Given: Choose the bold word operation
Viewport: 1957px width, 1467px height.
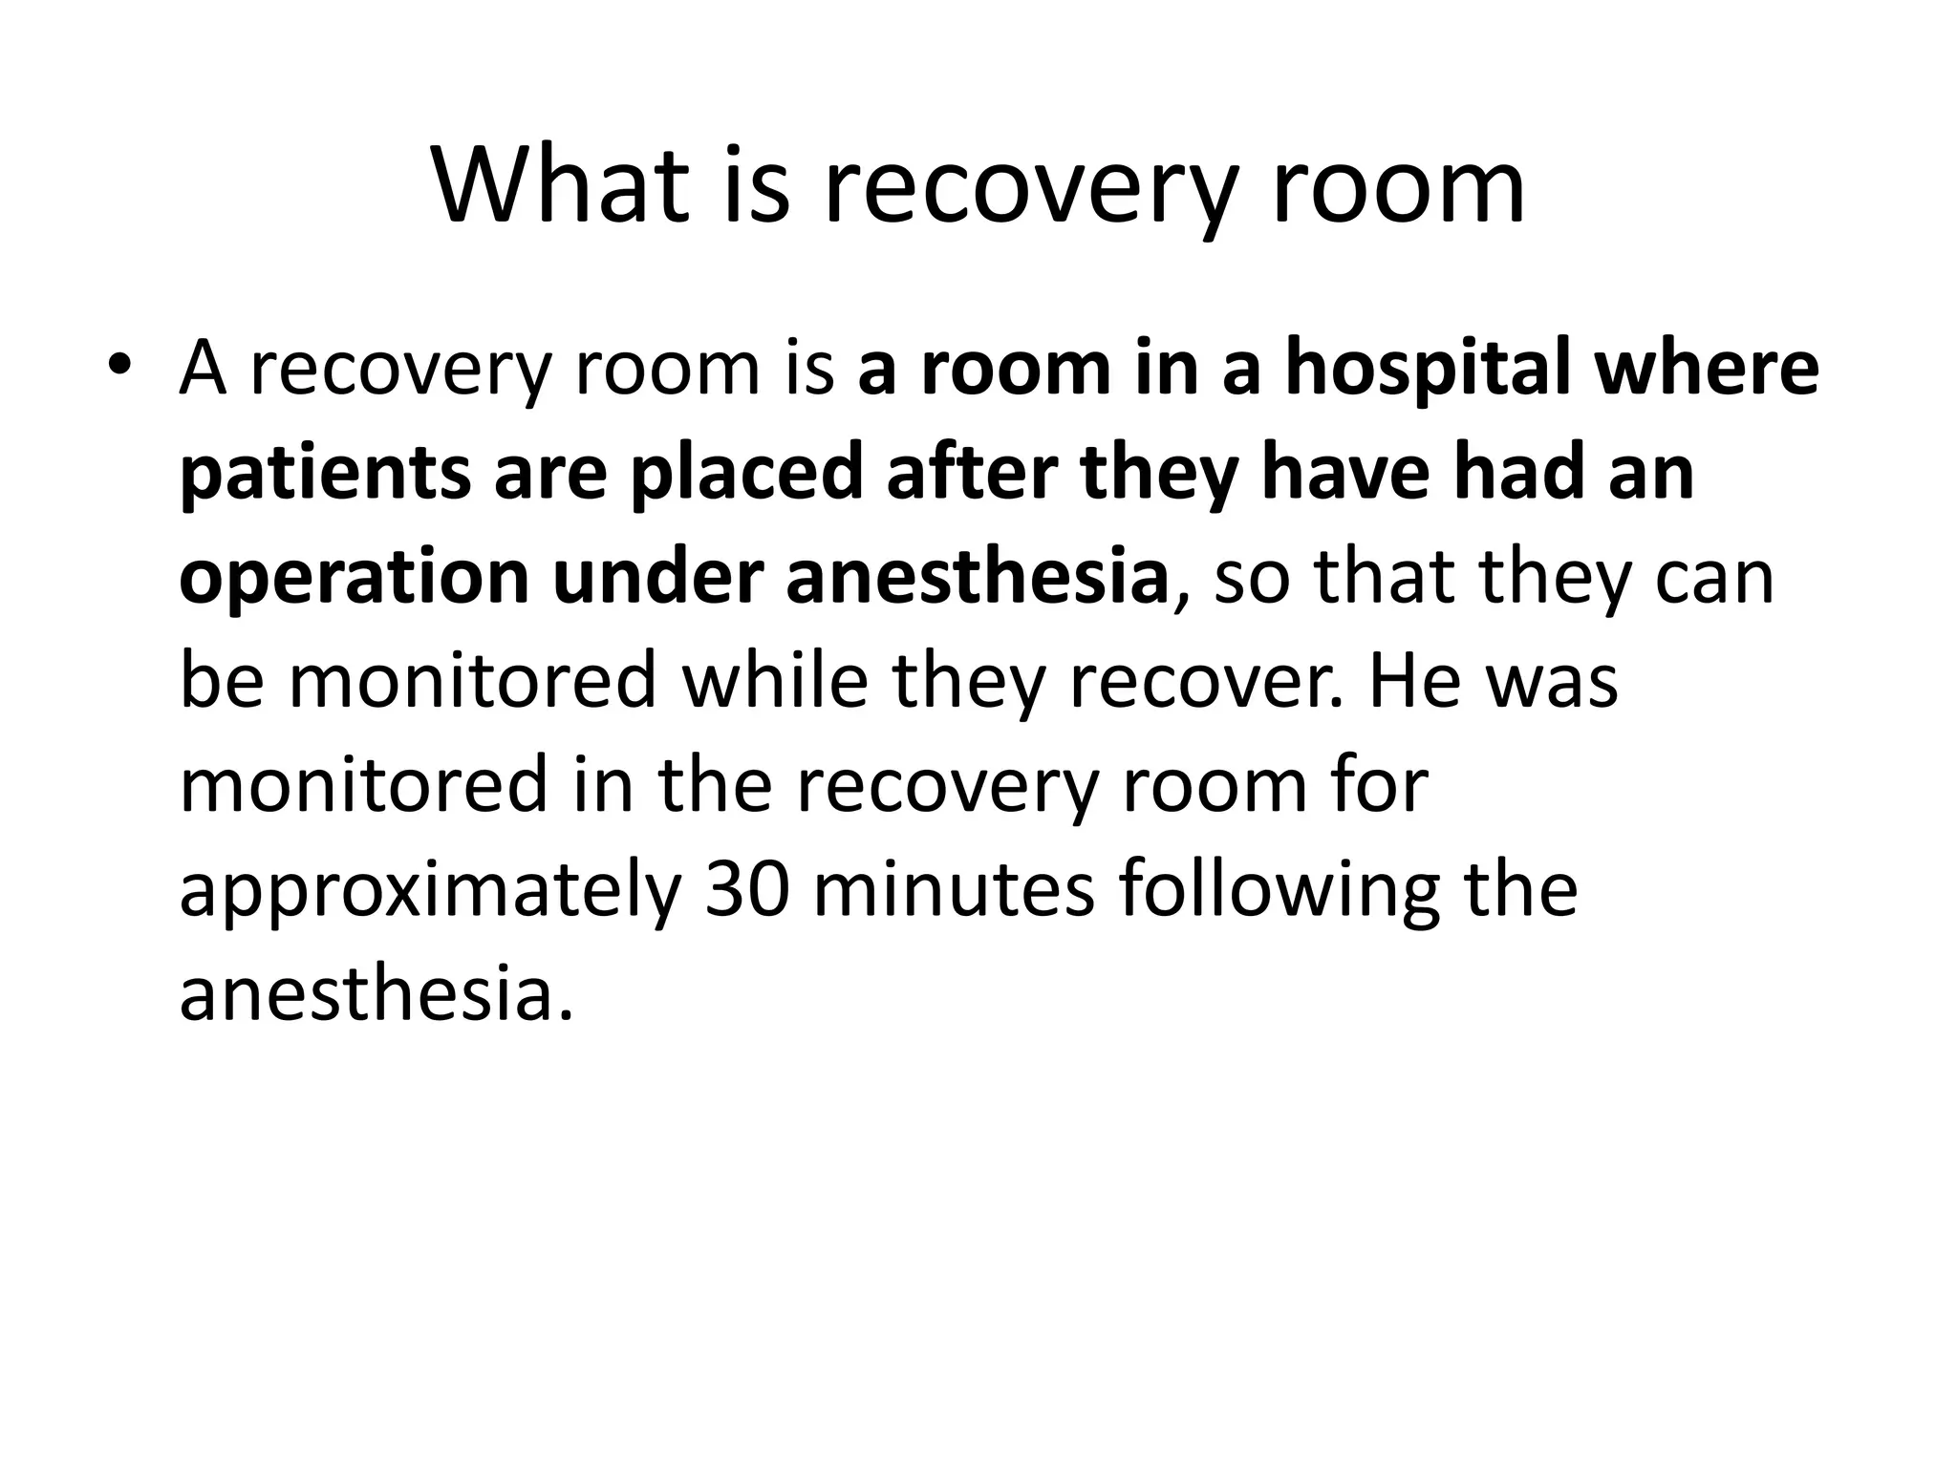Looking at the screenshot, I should pos(354,579).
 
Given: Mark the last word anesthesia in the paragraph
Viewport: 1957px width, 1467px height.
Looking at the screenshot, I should pos(376,994).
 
